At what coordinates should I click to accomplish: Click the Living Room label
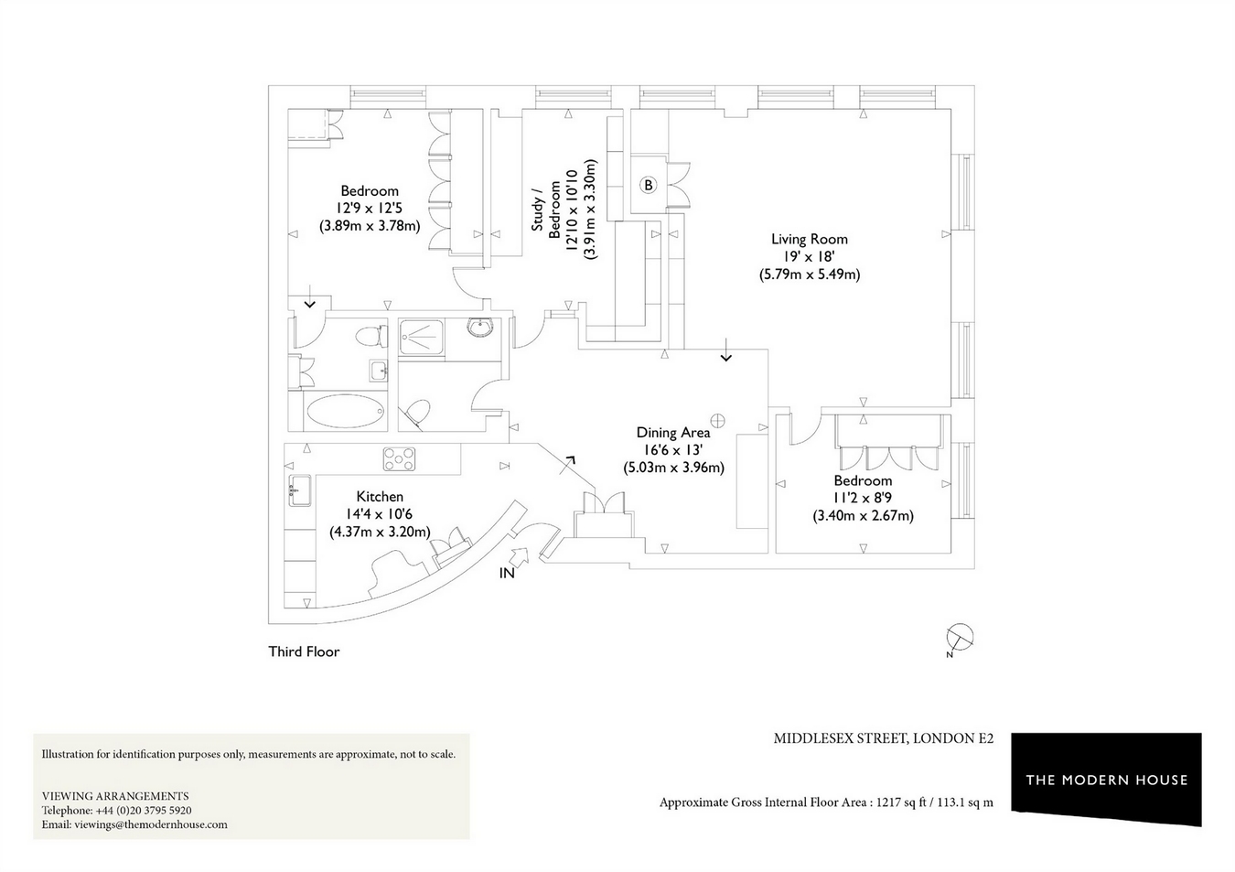click(x=809, y=240)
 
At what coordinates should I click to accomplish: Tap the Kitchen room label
click(x=380, y=497)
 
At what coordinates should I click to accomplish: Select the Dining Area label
click(x=673, y=433)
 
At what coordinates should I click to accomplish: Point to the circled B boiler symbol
click(x=649, y=185)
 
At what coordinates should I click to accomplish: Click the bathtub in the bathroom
click(x=345, y=411)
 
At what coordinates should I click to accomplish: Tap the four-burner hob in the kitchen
click(x=399, y=459)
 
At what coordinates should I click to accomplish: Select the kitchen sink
click(x=299, y=490)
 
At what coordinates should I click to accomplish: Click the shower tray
click(x=421, y=338)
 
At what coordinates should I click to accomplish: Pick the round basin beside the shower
click(x=480, y=327)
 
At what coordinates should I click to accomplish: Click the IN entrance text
click(x=507, y=573)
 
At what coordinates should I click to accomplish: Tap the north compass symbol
click(x=960, y=639)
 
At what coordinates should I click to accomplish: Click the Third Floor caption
click(x=304, y=651)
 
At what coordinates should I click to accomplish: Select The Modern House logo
click(x=1107, y=779)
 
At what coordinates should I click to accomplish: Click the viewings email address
click(x=151, y=824)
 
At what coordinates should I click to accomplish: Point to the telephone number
click(x=144, y=810)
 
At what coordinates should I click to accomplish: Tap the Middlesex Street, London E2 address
click(x=883, y=738)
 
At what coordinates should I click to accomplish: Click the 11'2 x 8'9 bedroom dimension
click(x=863, y=498)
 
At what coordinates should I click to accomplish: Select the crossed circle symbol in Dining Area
click(x=717, y=421)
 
